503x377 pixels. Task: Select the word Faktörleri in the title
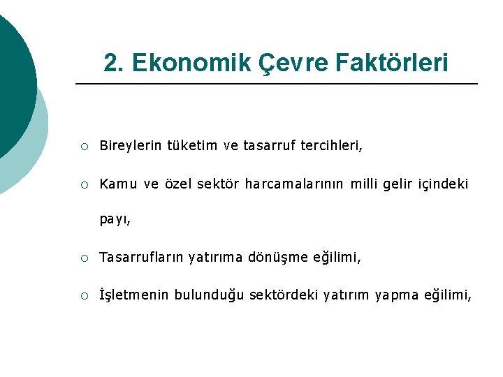pos(392,63)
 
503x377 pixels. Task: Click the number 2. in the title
pos(114,63)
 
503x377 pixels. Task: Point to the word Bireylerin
pos(131,146)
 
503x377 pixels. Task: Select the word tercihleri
pos(332,146)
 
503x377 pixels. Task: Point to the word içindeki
pos(443,184)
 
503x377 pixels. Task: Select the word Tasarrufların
pos(142,258)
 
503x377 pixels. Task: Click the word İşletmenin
pos(134,295)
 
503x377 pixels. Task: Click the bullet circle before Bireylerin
pos(84,147)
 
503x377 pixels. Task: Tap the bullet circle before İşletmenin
pos(84,296)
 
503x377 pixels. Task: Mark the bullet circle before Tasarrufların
pos(84,258)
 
